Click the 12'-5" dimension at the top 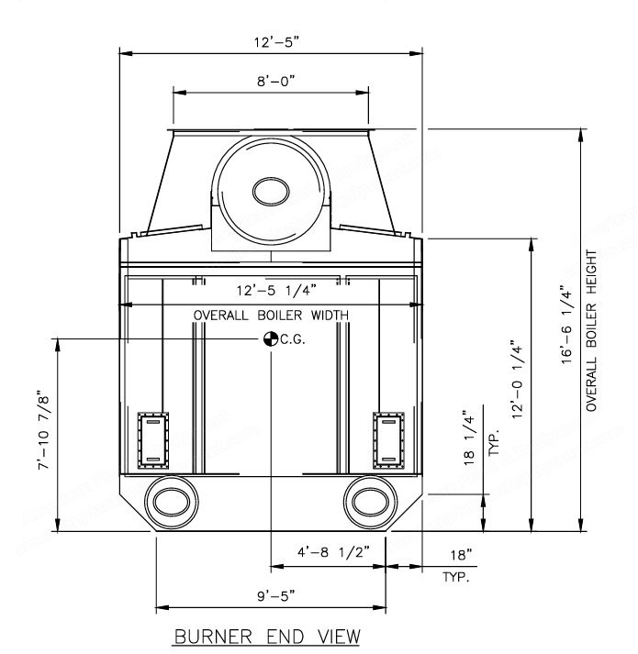[277, 42]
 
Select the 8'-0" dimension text [276, 81]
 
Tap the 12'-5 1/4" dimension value [276, 290]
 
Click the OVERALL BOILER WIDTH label [271, 316]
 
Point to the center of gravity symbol [271, 338]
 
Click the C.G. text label [293, 339]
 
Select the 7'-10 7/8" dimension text [44, 430]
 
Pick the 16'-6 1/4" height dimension [565, 325]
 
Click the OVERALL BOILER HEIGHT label [591, 330]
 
